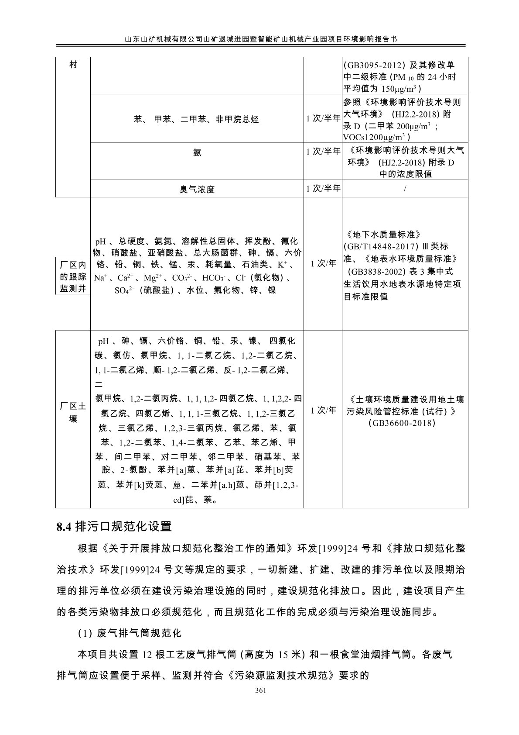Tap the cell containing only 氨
(197, 152)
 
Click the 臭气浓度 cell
(197, 190)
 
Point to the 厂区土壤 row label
(73, 412)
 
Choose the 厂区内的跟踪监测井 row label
(73, 276)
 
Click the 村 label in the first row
(73, 65)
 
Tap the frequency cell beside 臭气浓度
(323, 189)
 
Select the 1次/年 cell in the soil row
(323, 410)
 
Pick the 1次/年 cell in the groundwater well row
(323, 263)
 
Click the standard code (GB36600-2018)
(405, 423)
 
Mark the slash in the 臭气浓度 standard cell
(405, 189)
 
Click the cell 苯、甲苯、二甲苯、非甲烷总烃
(197, 119)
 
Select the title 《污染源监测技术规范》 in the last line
(283, 675)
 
